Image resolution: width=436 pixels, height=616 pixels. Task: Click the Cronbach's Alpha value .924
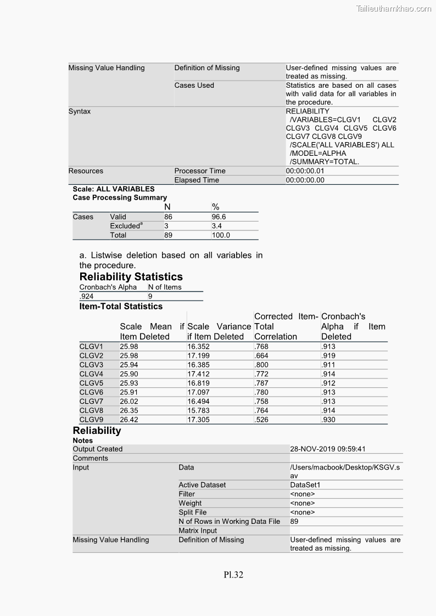tap(87, 296)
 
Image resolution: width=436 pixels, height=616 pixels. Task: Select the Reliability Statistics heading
tap(131, 276)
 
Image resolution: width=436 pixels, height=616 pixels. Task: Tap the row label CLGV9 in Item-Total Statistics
tap(91, 420)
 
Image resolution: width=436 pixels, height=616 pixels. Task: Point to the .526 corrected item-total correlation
tap(261, 420)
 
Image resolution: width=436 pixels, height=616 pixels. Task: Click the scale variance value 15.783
tap(198, 410)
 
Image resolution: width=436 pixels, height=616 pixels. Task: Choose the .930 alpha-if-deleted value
tap(328, 420)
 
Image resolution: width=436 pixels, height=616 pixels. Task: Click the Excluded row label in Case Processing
tap(125, 226)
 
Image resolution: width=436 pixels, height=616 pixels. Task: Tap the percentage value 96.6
tap(219, 217)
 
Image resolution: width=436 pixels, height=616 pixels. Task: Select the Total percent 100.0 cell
tap(221, 235)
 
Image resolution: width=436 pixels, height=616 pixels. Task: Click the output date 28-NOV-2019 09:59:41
tap(327, 449)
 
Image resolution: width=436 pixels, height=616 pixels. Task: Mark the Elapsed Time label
tap(197, 180)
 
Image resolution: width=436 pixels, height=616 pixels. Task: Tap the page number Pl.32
tap(233, 575)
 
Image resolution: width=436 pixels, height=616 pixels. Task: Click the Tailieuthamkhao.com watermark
tap(394, 8)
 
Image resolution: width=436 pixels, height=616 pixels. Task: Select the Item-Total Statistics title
tap(121, 306)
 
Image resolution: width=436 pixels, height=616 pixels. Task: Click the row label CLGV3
tap(91, 365)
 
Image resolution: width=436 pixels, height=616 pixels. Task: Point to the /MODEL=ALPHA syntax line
tap(318, 154)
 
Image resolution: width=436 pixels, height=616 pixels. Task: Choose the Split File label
tap(192, 512)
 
